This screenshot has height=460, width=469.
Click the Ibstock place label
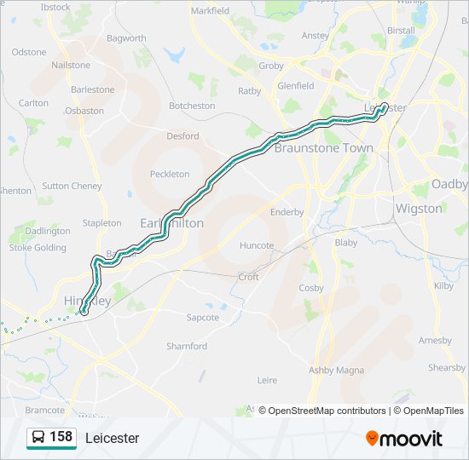click(x=55, y=7)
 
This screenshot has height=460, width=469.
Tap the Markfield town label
click(x=210, y=11)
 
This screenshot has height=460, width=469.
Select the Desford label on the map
click(x=182, y=135)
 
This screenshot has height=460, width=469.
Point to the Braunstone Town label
click(x=324, y=147)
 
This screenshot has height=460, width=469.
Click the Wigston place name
click(x=419, y=208)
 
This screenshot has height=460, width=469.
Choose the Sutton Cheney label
click(x=72, y=186)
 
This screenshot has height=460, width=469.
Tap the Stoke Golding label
click(x=38, y=248)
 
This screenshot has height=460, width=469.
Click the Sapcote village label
click(x=203, y=317)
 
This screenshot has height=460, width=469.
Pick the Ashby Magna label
click(x=336, y=370)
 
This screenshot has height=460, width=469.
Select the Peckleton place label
click(x=170, y=174)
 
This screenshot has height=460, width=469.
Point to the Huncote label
click(x=257, y=245)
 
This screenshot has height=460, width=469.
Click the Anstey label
click(x=316, y=36)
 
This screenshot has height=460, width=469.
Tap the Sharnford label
click(x=187, y=346)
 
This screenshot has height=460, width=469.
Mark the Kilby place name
click(x=444, y=286)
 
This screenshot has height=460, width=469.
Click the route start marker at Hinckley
click(x=84, y=312)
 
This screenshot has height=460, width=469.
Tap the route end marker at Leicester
click(x=384, y=106)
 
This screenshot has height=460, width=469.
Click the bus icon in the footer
click(x=38, y=438)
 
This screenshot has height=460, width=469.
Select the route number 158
click(x=61, y=437)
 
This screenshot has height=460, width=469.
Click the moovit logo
click(x=404, y=439)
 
